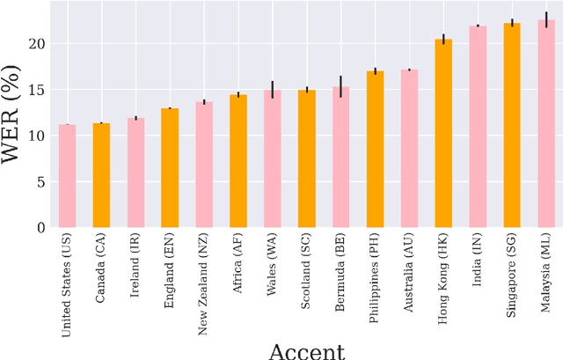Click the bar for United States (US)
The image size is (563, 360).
[x=67, y=176]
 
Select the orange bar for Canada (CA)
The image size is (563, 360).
[x=101, y=175]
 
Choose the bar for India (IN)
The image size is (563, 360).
[x=478, y=127]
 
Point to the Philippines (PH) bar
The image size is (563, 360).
[x=375, y=150]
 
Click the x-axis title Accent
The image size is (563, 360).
[x=306, y=351]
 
